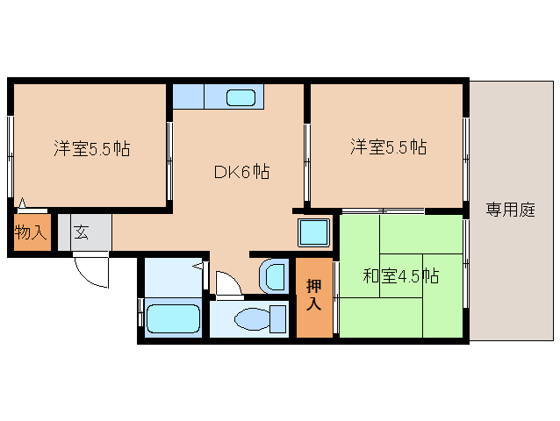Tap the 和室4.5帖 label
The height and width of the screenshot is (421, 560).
click(401, 277)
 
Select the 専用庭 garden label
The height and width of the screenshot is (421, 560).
click(510, 210)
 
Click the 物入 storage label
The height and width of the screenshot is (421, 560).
click(31, 233)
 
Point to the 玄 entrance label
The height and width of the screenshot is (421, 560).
click(81, 233)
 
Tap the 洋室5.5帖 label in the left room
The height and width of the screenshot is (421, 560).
click(91, 148)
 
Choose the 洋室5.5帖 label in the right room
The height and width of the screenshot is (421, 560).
click(389, 146)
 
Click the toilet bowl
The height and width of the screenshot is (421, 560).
click(254, 317)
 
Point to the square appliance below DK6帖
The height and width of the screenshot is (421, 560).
click(312, 233)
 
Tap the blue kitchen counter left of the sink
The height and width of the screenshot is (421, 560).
click(188, 96)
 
